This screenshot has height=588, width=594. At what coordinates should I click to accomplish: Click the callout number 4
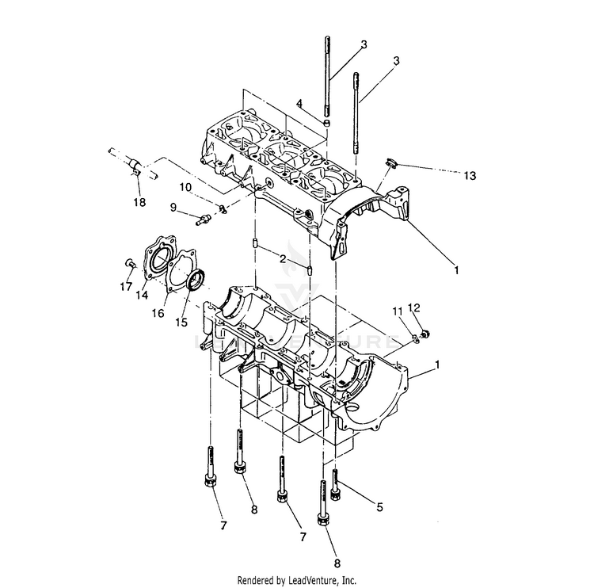[299, 103]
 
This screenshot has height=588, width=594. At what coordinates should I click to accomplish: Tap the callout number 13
[470, 175]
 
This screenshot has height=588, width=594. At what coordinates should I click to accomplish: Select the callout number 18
[139, 202]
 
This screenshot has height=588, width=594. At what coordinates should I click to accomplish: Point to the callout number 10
[185, 187]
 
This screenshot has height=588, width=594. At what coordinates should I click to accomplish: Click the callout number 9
[173, 208]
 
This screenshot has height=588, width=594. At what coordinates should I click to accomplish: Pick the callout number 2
[283, 259]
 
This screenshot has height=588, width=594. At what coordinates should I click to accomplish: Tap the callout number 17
[126, 287]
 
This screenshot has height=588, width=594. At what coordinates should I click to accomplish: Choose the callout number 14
[142, 295]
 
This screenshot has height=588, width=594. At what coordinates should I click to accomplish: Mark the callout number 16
[158, 313]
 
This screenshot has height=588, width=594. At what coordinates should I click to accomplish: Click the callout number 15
[181, 323]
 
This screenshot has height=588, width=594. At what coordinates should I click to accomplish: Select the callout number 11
[398, 311]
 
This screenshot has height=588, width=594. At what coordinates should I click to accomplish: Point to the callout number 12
[414, 307]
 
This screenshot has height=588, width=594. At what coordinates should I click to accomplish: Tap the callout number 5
[379, 507]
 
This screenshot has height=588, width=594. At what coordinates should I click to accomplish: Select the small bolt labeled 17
[129, 262]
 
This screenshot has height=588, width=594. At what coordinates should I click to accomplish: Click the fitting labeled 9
[202, 220]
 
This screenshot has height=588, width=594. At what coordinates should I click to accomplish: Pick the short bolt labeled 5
[335, 485]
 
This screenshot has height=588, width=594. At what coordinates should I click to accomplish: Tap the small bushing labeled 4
[326, 123]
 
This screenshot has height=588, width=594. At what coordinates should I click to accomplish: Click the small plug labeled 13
[390, 162]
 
